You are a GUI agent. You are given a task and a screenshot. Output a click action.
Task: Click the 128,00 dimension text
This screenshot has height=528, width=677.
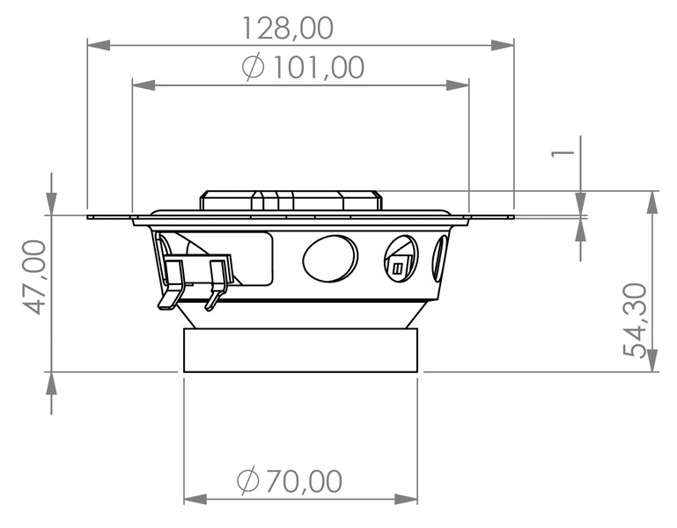point(288,28)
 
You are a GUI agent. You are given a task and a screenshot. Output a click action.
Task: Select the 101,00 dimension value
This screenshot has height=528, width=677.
point(317,68)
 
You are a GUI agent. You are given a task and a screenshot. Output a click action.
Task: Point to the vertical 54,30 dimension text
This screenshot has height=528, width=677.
point(635,319)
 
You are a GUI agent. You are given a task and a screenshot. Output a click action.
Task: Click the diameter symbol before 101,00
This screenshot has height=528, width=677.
point(253,68)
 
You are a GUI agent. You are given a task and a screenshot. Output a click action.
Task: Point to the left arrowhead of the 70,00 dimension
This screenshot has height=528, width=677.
point(195,499)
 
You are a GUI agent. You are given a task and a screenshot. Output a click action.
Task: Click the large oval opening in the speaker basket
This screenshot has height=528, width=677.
point(330,258)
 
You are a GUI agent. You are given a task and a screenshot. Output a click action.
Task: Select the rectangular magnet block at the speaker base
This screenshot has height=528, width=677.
point(300,348)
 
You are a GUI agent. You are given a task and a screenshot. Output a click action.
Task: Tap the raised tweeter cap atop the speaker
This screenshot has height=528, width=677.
point(290,199)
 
